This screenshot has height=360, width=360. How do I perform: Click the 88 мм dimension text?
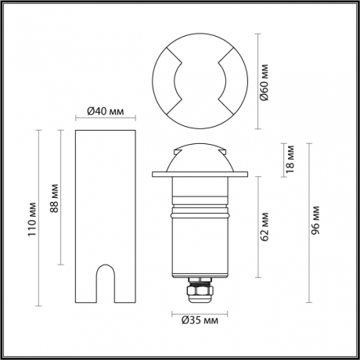coord(53,200)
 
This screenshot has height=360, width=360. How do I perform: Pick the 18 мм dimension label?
coord(290,157)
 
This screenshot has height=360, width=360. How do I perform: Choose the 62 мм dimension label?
coord(265,225)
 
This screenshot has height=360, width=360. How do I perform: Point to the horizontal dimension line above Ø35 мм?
coord(200,312)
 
